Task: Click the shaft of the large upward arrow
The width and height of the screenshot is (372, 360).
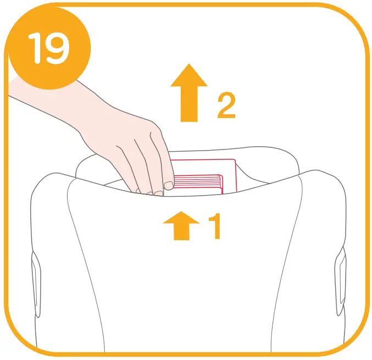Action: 188,104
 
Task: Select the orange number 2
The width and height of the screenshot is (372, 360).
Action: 226,106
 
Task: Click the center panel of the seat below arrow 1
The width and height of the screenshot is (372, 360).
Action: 187,286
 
